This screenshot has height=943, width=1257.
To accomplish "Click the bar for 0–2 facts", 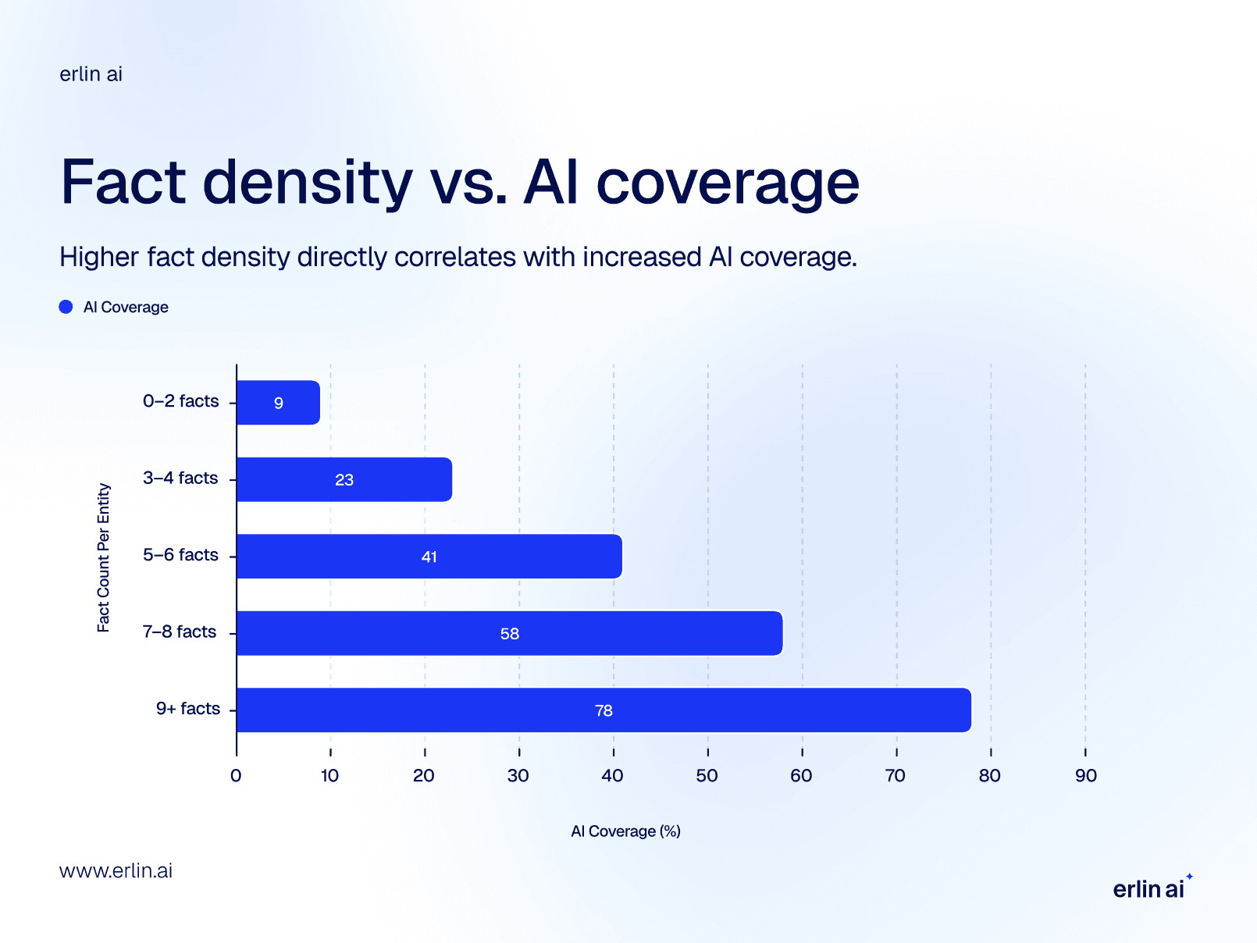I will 278,403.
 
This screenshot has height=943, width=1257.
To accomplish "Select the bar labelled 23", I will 344,479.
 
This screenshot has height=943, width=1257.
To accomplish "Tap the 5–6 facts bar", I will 429,557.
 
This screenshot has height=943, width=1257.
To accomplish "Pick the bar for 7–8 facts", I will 509,633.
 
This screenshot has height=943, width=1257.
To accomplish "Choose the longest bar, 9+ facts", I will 604,710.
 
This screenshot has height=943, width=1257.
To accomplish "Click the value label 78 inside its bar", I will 604,710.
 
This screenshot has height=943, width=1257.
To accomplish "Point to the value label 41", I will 429,557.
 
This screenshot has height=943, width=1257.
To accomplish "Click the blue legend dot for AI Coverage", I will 66,307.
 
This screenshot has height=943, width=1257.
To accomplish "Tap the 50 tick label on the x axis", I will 707,776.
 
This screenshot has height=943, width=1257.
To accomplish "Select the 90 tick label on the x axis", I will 1085,776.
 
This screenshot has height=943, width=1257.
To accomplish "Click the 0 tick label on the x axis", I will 236,776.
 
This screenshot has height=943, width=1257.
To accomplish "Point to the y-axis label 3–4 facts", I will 180,478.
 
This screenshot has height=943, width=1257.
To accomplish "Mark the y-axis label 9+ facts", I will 188,709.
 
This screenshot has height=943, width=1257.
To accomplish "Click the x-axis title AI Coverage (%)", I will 625,831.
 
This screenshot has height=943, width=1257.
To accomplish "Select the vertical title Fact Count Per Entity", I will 104,557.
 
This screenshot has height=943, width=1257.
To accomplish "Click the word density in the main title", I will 308,183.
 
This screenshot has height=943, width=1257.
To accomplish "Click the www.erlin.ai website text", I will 116,871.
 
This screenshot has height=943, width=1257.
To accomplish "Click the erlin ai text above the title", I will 91,74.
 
